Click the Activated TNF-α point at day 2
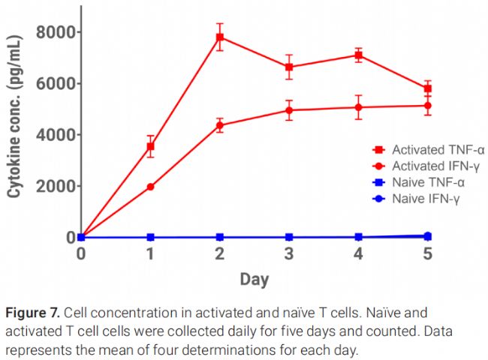[219, 37]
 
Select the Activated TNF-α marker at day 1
[150, 146]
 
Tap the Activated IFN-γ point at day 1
[150, 187]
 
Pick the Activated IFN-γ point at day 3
[289, 110]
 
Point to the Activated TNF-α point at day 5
[427, 88]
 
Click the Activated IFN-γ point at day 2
[219, 125]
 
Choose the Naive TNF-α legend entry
[414, 182]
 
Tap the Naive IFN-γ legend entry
[414, 198]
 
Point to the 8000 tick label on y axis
[56, 32]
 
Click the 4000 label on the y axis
[56, 135]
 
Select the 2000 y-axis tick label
[56, 186]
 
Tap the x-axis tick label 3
[289, 254]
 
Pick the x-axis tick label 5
[427, 254]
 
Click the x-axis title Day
[255, 280]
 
